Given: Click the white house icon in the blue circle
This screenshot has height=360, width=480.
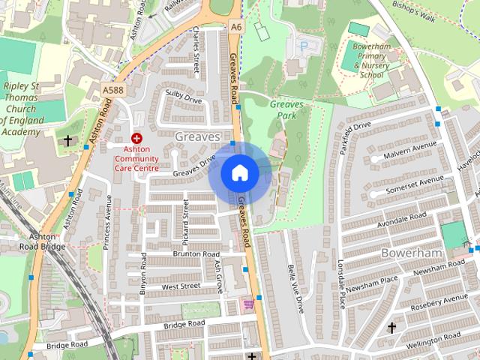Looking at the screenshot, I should point(239,173).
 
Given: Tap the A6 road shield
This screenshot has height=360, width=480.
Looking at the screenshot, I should point(237,27).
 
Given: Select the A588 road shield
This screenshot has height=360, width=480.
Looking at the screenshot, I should point(112,90).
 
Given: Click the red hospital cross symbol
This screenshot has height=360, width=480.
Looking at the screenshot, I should point(136,138).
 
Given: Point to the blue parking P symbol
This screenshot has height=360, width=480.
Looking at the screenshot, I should point(304,46).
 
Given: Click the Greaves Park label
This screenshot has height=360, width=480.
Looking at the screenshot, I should point(287,109).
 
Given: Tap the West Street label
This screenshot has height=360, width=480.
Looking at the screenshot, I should point(181,286).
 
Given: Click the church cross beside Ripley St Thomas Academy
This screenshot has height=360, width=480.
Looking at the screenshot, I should point(67,140).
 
